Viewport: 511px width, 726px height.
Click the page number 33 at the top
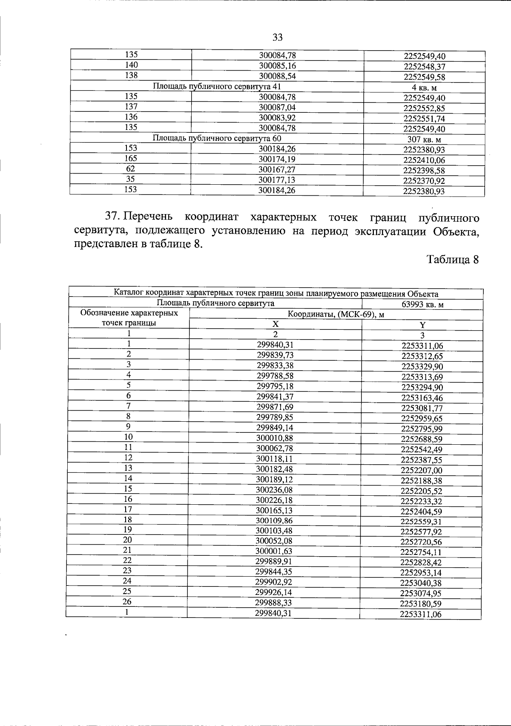(x=277, y=37)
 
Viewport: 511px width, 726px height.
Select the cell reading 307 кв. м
(x=424, y=139)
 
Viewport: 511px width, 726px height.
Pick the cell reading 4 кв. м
(x=424, y=88)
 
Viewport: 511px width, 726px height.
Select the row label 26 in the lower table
(x=127, y=601)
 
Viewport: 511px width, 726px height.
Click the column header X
(x=275, y=323)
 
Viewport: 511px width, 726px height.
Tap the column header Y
(x=422, y=325)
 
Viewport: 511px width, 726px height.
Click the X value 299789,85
(x=275, y=417)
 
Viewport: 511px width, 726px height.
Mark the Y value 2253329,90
(x=422, y=366)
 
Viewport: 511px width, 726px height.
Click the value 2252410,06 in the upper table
(x=424, y=160)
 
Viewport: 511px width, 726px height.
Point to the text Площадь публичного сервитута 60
(x=217, y=138)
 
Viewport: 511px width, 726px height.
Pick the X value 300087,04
(x=277, y=107)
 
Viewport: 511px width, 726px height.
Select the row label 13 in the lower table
(x=128, y=468)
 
